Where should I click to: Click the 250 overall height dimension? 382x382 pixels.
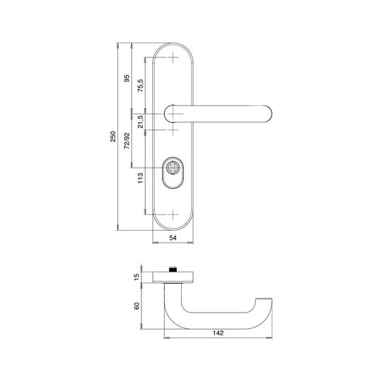tap(113, 137)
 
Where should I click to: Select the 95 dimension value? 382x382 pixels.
tap(127, 79)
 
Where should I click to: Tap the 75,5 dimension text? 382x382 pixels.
tap(141, 86)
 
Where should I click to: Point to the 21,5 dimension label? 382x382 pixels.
tap(141, 122)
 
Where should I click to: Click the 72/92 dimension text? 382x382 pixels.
tap(127, 141)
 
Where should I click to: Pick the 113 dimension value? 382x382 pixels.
tap(141, 178)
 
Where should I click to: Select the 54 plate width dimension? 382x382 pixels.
tap(173, 238)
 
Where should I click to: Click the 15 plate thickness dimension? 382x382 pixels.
tap(137, 277)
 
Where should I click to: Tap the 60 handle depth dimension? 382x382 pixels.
tap(137, 306)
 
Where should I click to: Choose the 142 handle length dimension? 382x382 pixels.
tap(218, 332)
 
